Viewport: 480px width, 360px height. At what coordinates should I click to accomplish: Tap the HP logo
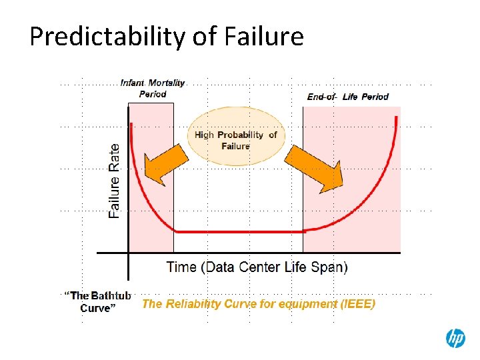click(455, 339)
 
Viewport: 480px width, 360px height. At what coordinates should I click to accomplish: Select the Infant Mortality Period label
click(153, 89)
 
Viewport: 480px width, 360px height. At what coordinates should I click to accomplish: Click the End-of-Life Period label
click(347, 97)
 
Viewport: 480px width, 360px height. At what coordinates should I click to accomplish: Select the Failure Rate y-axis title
click(115, 181)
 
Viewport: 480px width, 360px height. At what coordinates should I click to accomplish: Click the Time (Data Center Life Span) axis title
click(257, 267)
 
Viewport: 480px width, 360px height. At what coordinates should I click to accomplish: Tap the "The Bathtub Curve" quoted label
click(99, 301)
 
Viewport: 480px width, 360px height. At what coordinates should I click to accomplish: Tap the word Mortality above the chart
click(167, 83)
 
